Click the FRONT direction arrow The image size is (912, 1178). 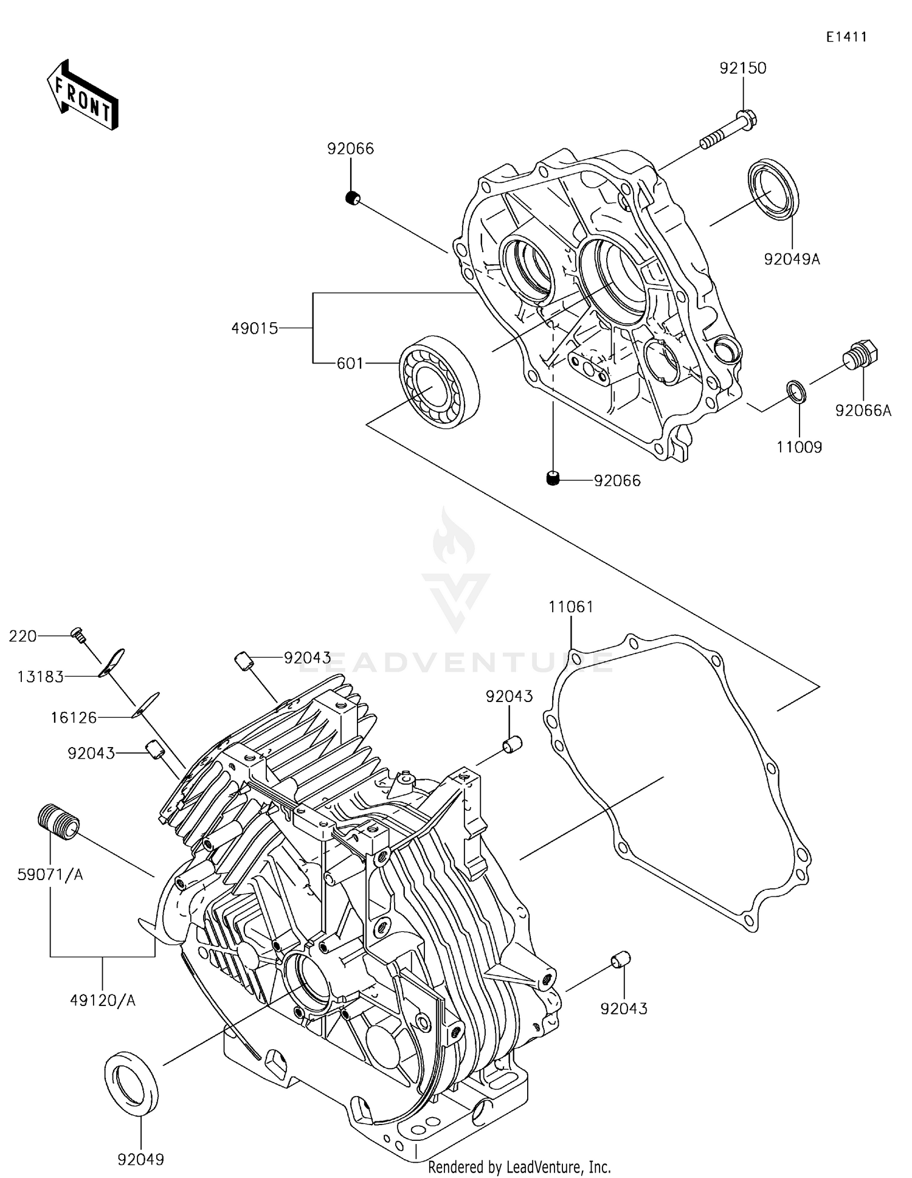pyautogui.click(x=82, y=95)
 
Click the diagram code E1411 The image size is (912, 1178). pyautogui.click(x=846, y=37)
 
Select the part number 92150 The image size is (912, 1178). pyautogui.click(x=743, y=68)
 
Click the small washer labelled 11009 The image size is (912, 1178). pyautogui.click(x=796, y=391)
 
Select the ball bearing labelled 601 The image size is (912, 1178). pyautogui.click(x=439, y=381)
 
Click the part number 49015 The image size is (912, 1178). pyautogui.click(x=254, y=329)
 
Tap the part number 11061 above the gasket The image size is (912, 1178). pyautogui.click(x=570, y=607)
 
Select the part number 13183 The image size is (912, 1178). pyautogui.click(x=41, y=677)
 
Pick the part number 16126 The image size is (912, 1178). pyautogui.click(x=74, y=718)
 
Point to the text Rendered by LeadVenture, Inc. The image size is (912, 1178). pyautogui.click(x=519, y=1166)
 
